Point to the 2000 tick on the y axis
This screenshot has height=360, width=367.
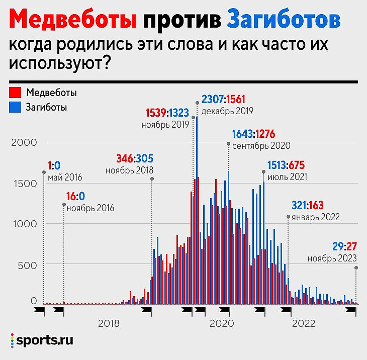click(x=24, y=142)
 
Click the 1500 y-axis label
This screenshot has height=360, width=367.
click(x=24, y=183)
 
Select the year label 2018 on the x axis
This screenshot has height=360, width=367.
click(x=109, y=323)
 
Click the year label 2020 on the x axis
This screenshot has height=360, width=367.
click(x=221, y=323)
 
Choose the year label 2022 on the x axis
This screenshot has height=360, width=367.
click(x=304, y=323)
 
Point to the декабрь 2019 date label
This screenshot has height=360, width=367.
click(x=227, y=110)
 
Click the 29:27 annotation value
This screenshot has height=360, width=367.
click(x=344, y=247)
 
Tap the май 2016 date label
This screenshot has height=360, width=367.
click(x=65, y=177)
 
